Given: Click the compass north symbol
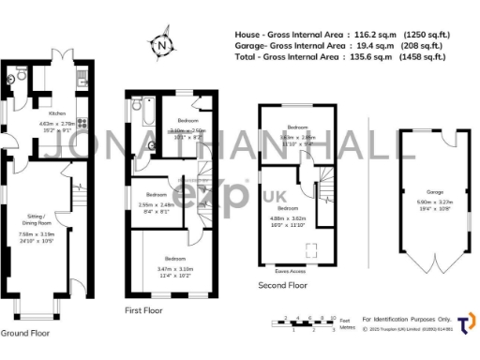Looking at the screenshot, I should [x=163, y=44].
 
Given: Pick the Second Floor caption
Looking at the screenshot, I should [x=282, y=285].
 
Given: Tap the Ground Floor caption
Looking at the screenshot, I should [x=26, y=333].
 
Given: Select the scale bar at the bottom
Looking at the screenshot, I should [x=306, y=322].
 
